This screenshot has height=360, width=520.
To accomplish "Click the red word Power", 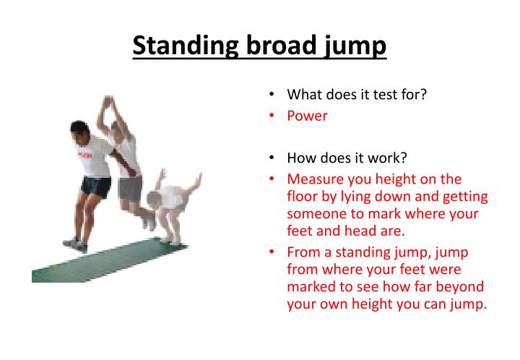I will tap(307, 116).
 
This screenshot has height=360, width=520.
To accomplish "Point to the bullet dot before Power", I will tap(270, 116).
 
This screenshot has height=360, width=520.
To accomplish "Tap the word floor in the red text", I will tap(303, 197).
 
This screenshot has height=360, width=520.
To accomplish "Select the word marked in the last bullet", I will tap(311, 286).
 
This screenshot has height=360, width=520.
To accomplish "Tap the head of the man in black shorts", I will tap(80, 133).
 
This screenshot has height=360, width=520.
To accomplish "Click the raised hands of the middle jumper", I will tap(108, 103).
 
